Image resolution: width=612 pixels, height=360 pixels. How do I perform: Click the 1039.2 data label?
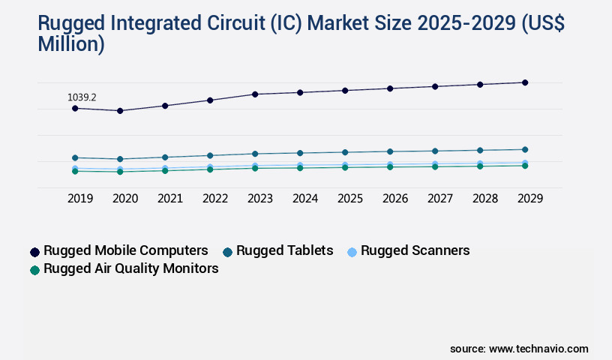(x=82, y=97)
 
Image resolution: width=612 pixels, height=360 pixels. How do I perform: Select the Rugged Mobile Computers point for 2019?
(x=75, y=109)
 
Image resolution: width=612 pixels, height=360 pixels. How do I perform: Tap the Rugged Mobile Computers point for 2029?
(x=525, y=82)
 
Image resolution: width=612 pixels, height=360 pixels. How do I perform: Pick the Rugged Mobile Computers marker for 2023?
(x=255, y=94)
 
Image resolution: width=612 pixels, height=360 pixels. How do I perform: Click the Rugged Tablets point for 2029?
(x=525, y=149)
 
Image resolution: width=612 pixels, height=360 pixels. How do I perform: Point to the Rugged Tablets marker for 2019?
(x=75, y=157)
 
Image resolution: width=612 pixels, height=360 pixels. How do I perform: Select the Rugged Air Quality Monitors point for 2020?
(x=120, y=172)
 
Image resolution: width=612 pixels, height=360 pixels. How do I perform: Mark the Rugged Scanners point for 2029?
(x=525, y=163)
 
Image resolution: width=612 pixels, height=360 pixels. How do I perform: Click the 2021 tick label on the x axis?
(x=170, y=199)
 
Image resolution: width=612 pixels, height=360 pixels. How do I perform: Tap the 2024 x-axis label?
(x=305, y=199)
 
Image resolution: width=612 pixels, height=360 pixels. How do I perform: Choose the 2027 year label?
(x=440, y=199)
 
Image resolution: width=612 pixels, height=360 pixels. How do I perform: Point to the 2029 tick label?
(x=530, y=199)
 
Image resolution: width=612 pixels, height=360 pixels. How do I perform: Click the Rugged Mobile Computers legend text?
(x=126, y=250)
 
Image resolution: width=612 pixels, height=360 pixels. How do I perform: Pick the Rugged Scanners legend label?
(x=415, y=250)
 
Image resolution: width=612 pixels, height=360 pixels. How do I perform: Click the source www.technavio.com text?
(x=519, y=349)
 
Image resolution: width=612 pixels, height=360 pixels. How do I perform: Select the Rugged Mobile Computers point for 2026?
(x=390, y=88)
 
